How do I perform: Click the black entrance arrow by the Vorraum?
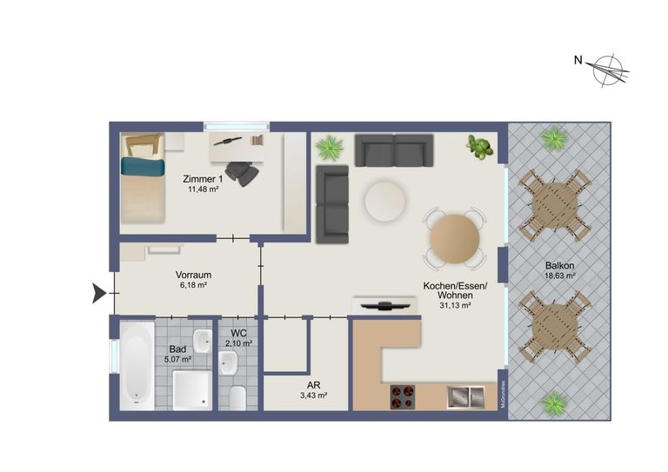[x=99, y=293]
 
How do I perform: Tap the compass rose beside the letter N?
[x=611, y=70]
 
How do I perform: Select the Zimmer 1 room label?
[x=203, y=179]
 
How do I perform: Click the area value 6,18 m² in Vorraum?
[x=193, y=285]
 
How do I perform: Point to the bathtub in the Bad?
[x=137, y=366]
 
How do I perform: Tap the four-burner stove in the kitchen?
[x=402, y=397]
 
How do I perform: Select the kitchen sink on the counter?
[x=465, y=397]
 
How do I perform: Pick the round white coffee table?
[x=384, y=202]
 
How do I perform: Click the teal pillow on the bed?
[x=143, y=166]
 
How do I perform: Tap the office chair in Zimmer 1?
[x=243, y=173]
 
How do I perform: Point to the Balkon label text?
[x=559, y=266]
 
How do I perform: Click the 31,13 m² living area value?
[x=455, y=305]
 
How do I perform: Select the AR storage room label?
[x=313, y=386]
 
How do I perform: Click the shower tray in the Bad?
[x=192, y=390]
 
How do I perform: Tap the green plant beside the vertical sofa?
[x=330, y=148]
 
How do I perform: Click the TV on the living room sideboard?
[x=385, y=304]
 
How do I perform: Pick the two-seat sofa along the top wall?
[x=394, y=150]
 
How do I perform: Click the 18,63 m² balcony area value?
[x=560, y=276]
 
